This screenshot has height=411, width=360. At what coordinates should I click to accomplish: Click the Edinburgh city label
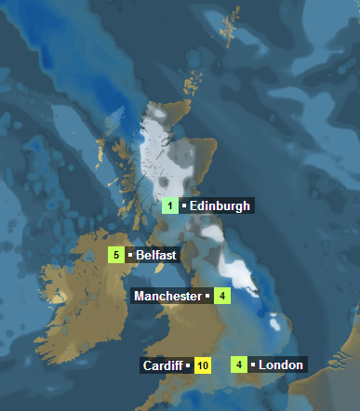220,206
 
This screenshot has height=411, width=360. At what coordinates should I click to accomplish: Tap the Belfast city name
156,255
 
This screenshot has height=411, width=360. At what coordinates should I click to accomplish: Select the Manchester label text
167,297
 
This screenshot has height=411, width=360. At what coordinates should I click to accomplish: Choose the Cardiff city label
163,365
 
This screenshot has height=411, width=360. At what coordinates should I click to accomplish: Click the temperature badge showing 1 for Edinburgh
170,206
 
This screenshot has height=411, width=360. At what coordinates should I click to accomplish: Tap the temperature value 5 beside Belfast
117,255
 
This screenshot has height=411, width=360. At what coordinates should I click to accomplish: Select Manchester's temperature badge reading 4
221,297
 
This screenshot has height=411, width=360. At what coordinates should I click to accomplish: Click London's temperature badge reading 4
239,365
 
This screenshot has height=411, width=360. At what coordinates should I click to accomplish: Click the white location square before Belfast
130,253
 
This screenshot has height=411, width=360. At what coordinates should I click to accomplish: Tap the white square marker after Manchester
207,297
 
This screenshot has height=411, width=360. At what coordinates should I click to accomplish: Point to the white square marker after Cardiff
188,366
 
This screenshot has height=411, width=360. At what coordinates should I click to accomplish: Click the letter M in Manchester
140,297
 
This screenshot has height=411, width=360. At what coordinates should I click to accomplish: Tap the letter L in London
262,365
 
